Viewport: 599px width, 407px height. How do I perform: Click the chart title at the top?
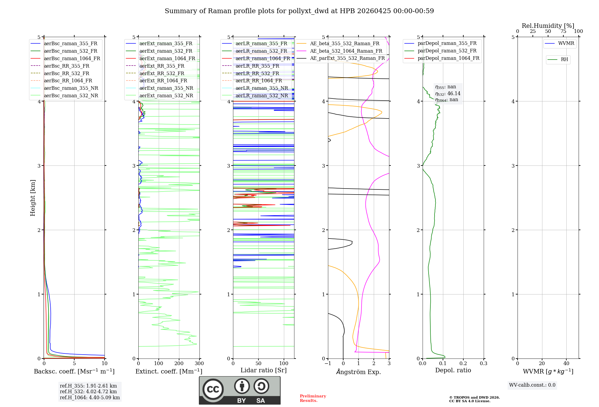299,11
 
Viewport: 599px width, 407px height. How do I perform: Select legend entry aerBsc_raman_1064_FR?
72,58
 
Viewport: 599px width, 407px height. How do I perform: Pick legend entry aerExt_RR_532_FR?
162,73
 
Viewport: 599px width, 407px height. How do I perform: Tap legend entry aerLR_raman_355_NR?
261,88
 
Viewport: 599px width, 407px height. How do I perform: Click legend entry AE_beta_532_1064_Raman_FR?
346,51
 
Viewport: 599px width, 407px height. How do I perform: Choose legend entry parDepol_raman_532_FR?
447,51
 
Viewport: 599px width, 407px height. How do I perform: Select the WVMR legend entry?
566,43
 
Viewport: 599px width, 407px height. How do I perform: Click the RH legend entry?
564,60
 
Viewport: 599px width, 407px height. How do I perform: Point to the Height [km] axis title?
33,198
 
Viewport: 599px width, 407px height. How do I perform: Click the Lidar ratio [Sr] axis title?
263,370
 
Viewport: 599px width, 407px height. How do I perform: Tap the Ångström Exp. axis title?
359,372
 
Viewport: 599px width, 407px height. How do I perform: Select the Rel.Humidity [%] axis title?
548,26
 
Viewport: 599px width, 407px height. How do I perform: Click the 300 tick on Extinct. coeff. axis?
199,364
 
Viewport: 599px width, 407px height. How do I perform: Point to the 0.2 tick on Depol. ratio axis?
463,364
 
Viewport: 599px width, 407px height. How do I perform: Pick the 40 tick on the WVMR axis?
566,364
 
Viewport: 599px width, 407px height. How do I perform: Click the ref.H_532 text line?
88,391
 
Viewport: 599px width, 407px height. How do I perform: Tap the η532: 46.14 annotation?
448,93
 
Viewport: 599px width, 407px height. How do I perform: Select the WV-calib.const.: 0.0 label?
532,385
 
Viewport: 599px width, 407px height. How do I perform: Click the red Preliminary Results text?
313,398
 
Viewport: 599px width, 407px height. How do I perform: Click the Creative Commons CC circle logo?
213,389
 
